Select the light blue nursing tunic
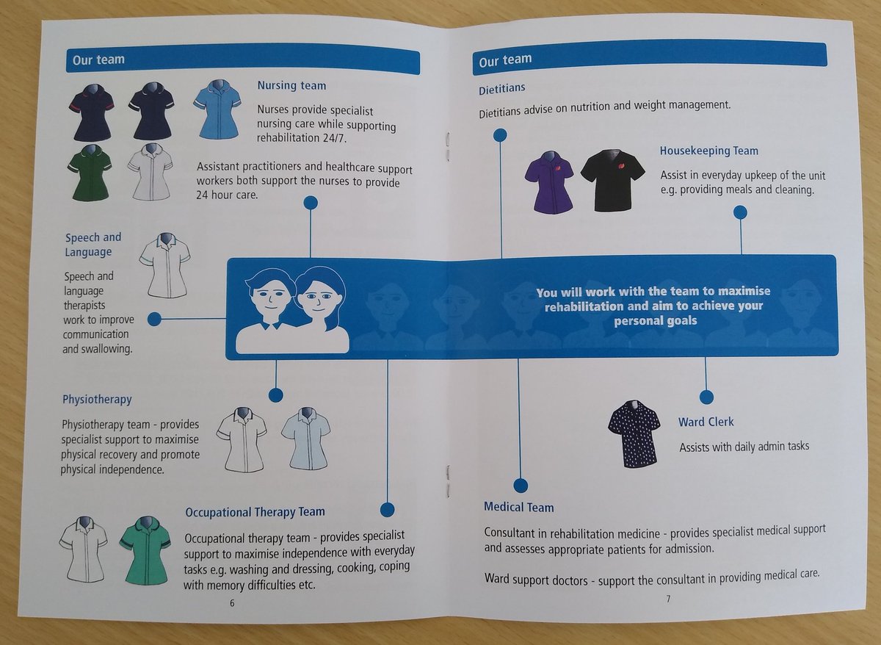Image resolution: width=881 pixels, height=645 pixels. (x=217, y=109)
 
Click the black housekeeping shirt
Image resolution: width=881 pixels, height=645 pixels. (x=612, y=179)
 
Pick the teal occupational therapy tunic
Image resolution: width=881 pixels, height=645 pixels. (x=145, y=549)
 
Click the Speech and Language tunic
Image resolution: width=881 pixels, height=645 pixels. (x=165, y=265)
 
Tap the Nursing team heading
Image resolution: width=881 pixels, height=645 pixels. (x=291, y=85)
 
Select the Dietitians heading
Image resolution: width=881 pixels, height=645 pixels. (x=501, y=88)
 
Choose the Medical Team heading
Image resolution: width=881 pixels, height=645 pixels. (x=518, y=507)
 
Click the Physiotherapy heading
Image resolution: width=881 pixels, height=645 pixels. (x=97, y=400)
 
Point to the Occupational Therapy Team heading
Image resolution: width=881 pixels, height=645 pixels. (x=255, y=511)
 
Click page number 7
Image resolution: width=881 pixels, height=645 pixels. (x=668, y=599)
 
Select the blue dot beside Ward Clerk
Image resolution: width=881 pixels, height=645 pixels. (x=706, y=397)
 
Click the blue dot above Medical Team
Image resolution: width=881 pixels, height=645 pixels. (x=521, y=485)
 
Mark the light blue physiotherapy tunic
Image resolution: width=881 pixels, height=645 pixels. (x=305, y=438)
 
